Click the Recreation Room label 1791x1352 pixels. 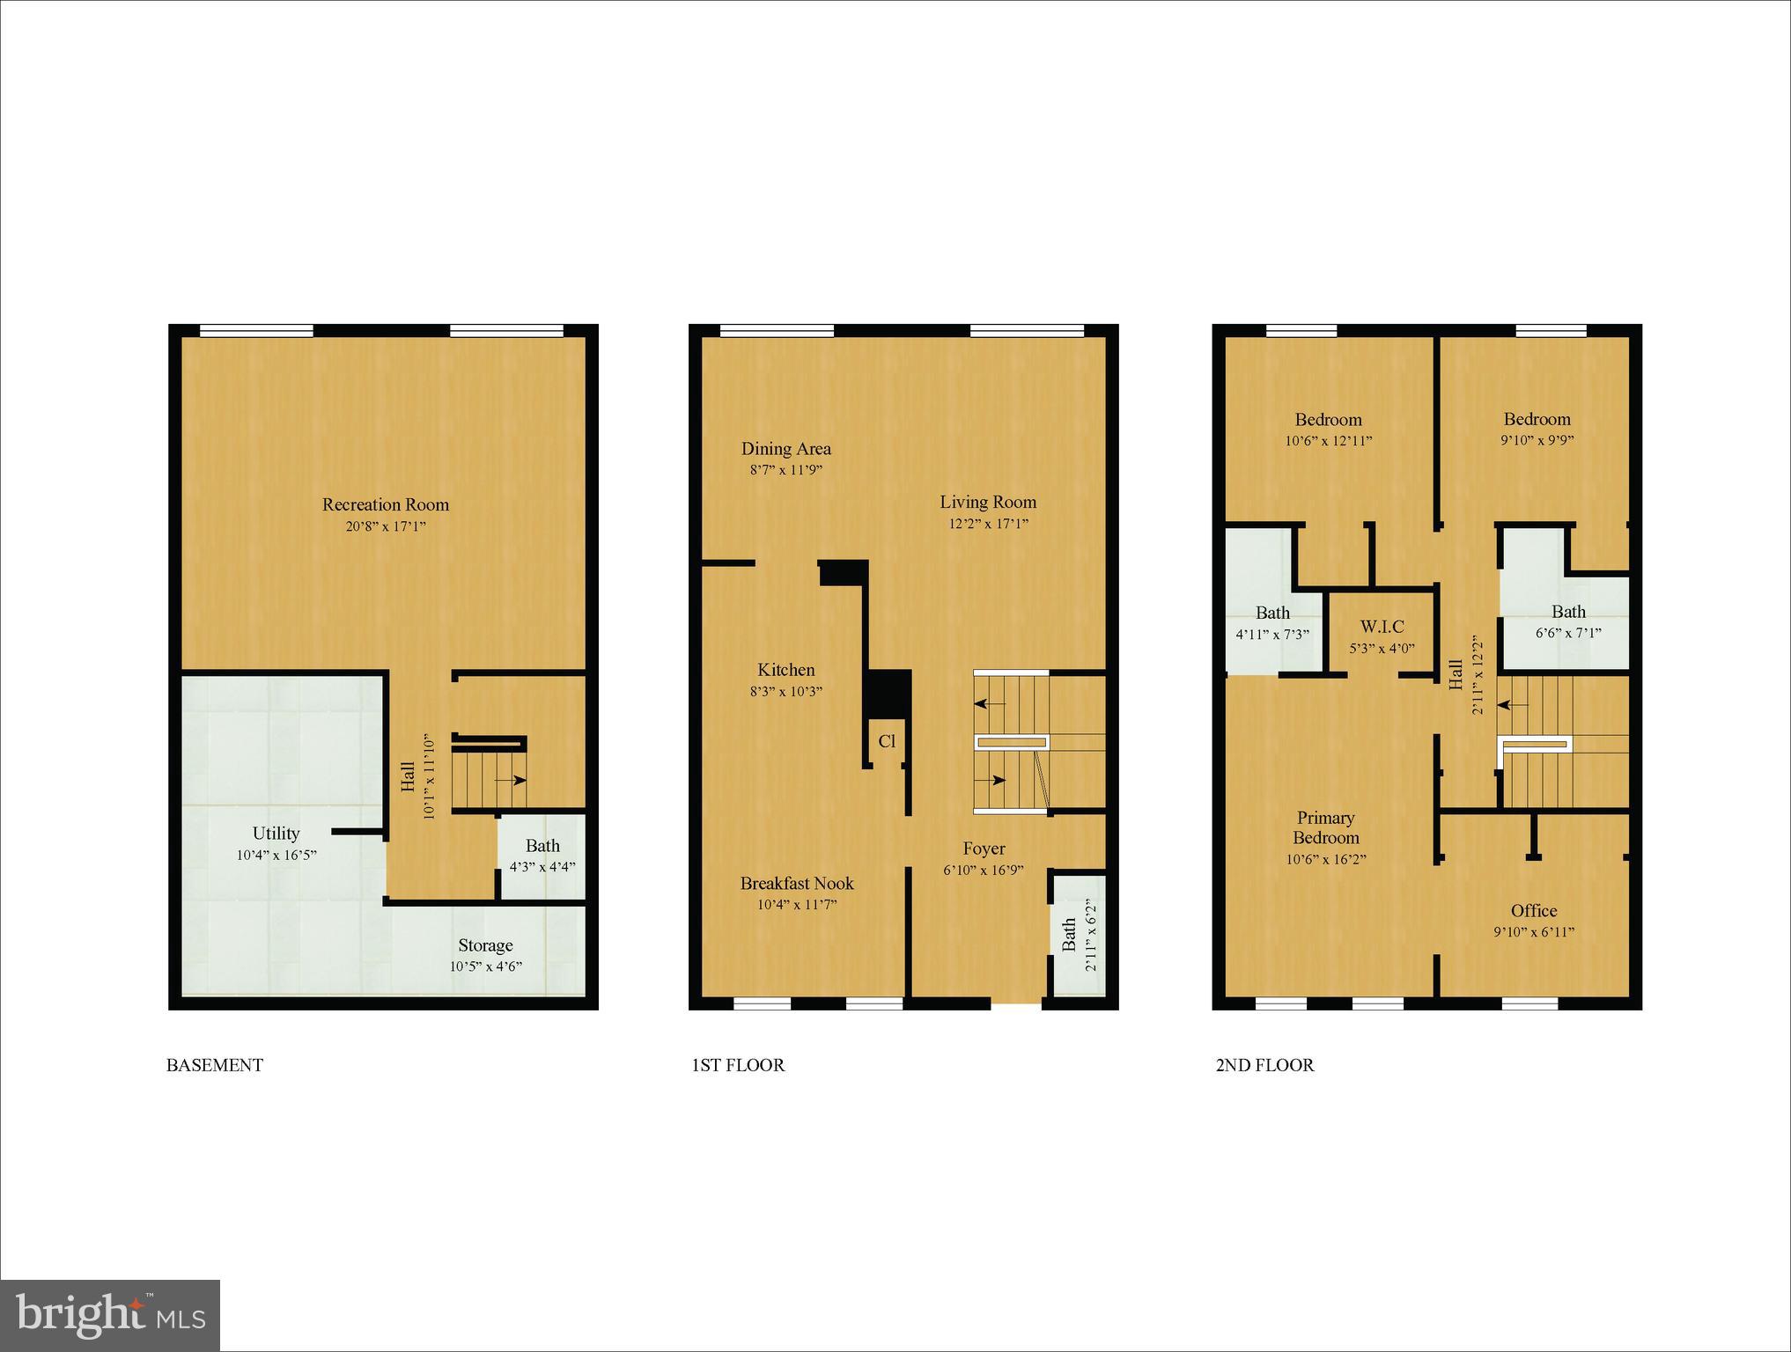(x=385, y=504)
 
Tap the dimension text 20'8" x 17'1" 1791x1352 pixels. (x=385, y=526)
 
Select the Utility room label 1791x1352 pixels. (x=276, y=833)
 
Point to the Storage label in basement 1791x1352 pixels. (x=485, y=945)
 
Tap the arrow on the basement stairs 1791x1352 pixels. (x=512, y=780)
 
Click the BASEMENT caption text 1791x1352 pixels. (x=215, y=1065)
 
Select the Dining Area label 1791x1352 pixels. (x=785, y=448)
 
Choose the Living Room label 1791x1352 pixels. (x=988, y=502)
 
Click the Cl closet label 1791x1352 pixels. (x=887, y=741)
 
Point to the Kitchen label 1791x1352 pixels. (x=785, y=670)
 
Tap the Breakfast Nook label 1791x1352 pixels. (x=797, y=883)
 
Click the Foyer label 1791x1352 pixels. (x=984, y=849)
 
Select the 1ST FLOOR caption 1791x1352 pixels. (x=738, y=1065)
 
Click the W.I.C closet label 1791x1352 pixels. (x=1382, y=627)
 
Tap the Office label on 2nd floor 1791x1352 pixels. (x=1534, y=911)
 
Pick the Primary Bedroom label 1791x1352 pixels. (x=1325, y=827)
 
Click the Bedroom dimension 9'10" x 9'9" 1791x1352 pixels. (x=1537, y=440)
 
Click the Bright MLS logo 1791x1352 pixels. (x=110, y=1315)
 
